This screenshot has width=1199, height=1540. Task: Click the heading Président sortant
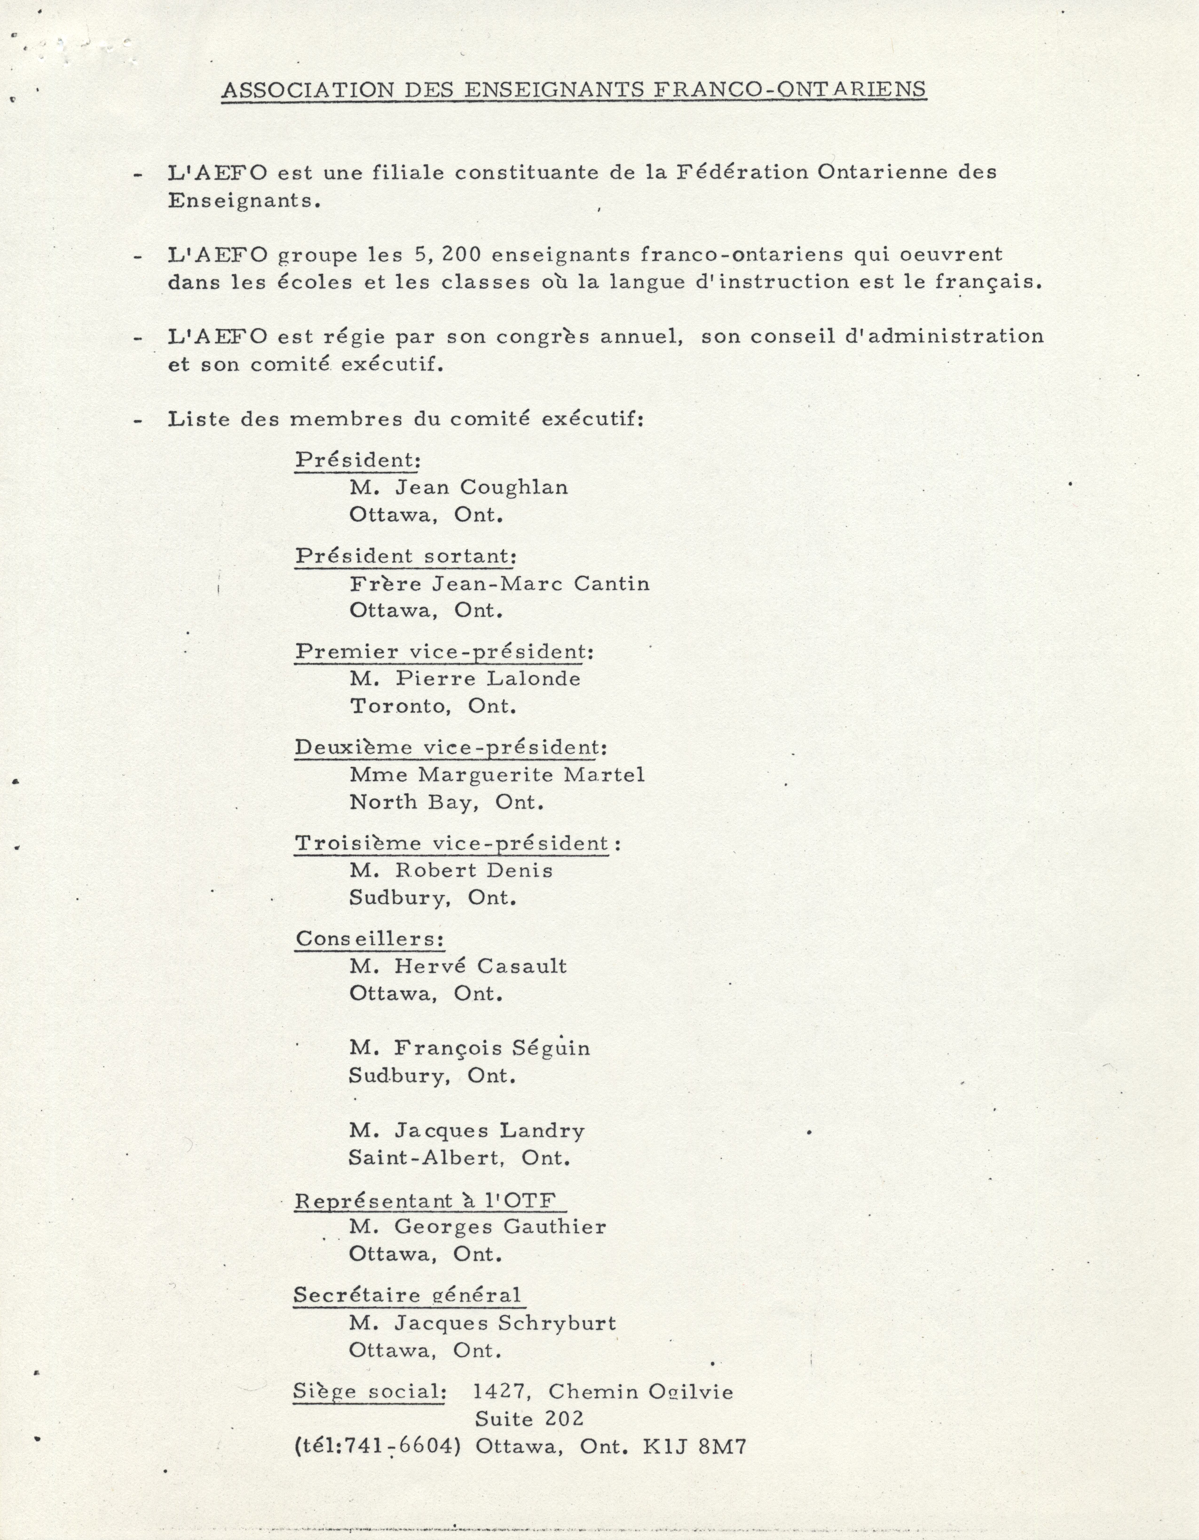click(405, 556)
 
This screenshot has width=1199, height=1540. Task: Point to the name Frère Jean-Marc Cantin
click(499, 584)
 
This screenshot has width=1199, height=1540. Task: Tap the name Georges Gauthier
click(499, 1227)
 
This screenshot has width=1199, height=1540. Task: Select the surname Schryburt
click(557, 1324)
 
